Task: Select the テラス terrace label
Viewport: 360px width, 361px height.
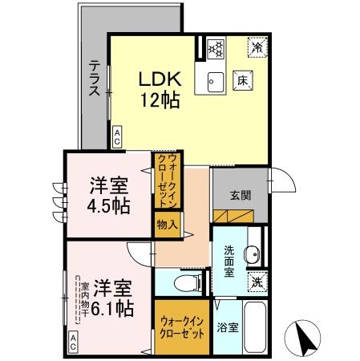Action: click(94, 78)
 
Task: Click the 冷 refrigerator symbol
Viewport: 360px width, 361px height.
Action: click(257, 47)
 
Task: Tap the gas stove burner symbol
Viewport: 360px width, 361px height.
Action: click(215, 48)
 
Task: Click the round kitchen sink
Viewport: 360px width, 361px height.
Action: click(215, 79)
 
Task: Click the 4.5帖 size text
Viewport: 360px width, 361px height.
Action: click(104, 205)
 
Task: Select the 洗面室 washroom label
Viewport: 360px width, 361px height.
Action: click(228, 260)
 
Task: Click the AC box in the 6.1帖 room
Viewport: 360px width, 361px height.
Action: click(72, 346)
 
